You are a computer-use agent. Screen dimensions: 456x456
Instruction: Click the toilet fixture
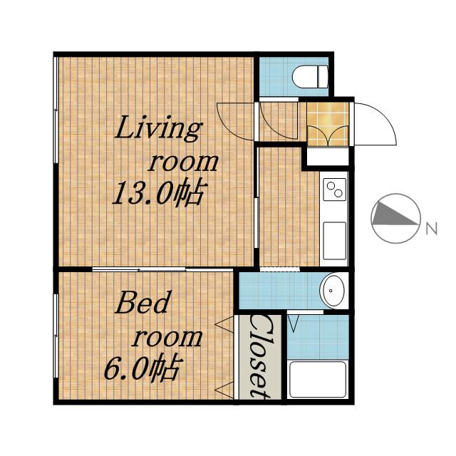(x=310, y=77)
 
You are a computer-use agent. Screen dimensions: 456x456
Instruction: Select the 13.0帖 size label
(x=157, y=193)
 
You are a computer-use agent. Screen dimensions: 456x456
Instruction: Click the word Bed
(x=142, y=302)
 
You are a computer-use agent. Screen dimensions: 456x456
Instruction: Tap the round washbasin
(x=332, y=290)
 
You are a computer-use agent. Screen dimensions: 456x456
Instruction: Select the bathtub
(x=318, y=379)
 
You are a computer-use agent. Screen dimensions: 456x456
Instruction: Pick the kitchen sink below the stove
(x=335, y=241)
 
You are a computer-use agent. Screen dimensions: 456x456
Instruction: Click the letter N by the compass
(x=432, y=229)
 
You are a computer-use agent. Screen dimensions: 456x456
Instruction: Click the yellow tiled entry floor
(x=328, y=123)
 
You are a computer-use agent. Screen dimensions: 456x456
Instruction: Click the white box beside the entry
(x=328, y=157)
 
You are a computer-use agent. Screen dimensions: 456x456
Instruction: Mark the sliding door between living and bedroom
(x=163, y=269)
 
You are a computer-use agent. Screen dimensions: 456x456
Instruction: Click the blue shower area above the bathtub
(x=318, y=337)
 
